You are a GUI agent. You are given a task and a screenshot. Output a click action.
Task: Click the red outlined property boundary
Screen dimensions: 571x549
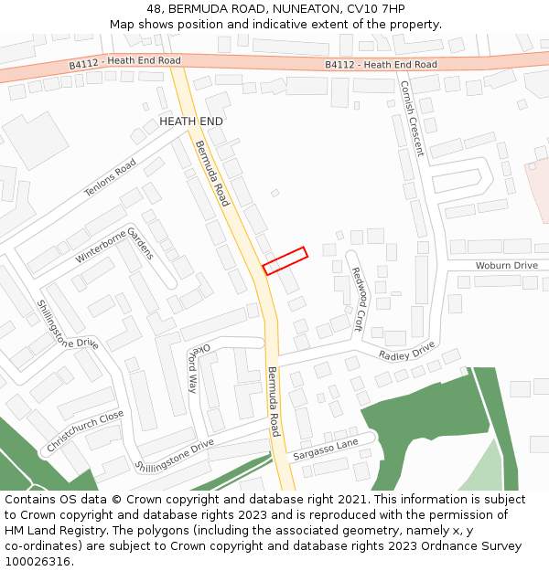[285, 260]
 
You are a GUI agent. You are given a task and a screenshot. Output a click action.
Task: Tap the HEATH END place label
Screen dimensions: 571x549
[191, 121]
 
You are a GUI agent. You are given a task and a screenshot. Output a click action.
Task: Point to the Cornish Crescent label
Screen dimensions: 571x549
[412, 118]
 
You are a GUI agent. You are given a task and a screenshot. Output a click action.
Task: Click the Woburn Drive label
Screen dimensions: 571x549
[506, 265]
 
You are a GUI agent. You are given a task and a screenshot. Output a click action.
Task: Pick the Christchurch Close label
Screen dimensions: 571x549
[85, 432]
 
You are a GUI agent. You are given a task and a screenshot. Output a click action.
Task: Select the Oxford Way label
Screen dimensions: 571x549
[199, 367]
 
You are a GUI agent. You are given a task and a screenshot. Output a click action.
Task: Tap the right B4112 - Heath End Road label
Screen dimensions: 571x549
[381, 65]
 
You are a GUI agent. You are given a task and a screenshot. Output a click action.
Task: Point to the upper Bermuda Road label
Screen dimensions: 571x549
[211, 173]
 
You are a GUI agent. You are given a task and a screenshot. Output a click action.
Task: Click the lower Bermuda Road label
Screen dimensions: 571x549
[274, 401]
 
